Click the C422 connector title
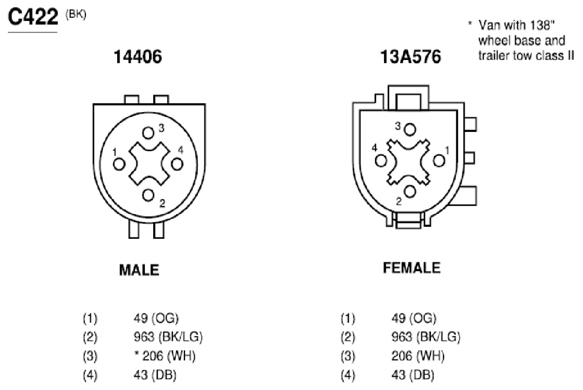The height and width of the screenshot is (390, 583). click(x=33, y=17)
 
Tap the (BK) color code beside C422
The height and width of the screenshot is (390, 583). click(x=76, y=14)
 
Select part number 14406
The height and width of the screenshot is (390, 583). click(x=138, y=57)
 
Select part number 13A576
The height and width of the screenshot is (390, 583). click(x=411, y=57)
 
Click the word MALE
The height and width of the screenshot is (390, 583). click(x=139, y=270)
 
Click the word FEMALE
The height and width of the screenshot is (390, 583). click(x=412, y=268)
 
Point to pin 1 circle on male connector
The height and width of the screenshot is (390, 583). click(x=119, y=164)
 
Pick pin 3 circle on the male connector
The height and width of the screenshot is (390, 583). click(x=148, y=133)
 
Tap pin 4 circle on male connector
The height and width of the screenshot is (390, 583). click(x=177, y=164)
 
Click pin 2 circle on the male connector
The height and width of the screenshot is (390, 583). click(x=148, y=195)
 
